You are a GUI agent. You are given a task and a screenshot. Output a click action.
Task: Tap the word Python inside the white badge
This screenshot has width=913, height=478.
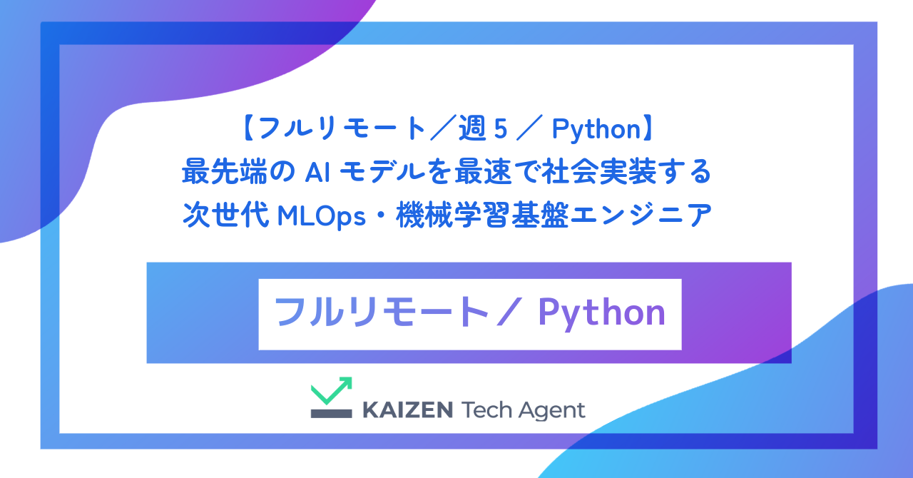coord(601,313)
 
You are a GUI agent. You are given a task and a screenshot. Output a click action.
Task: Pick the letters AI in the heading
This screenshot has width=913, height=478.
coord(315,172)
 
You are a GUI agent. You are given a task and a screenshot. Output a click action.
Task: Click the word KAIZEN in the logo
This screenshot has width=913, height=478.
coord(407,410)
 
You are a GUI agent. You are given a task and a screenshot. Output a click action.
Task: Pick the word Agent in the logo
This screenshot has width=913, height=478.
coord(552,411)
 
